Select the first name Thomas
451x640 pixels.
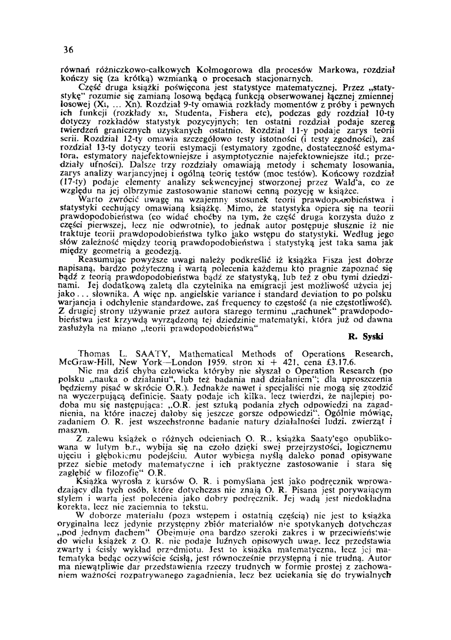click(93, 354)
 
